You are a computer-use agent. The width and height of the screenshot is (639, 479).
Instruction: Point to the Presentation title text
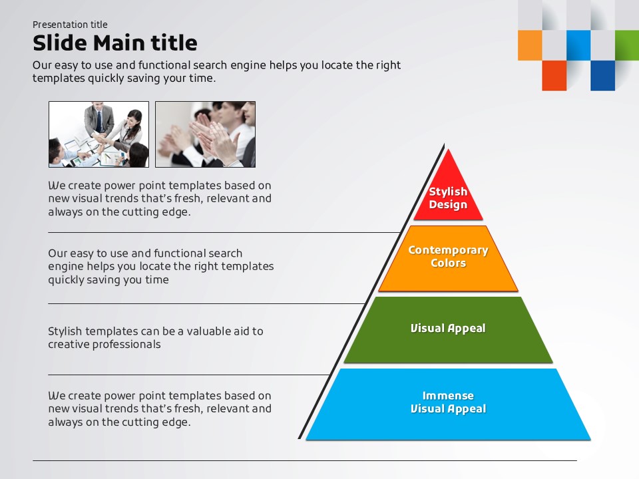[x=70, y=25]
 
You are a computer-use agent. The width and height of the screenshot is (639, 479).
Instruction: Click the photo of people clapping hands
[x=205, y=134]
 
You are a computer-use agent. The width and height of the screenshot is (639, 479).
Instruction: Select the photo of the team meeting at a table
[x=99, y=134]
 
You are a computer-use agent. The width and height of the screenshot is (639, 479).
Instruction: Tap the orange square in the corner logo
[x=530, y=45]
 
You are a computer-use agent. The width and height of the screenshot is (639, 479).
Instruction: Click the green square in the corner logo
[x=626, y=45]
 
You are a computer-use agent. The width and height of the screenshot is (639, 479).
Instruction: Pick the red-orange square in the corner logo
[x=554, y=75]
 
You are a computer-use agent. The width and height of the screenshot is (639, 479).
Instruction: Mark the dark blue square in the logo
[x=602, y=75]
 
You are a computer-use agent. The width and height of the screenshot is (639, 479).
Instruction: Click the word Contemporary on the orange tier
[x=448, y=250]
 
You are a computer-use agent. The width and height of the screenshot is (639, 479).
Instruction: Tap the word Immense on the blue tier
[x=448, y=396]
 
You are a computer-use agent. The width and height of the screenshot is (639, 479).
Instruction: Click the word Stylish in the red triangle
[x=448, y=192]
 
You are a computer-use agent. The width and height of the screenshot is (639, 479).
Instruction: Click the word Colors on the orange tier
[x=448, y=263]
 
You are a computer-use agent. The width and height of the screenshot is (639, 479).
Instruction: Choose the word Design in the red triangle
[x=448, y=205]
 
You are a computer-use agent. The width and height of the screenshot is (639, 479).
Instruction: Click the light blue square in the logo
[x=578, y=45]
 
